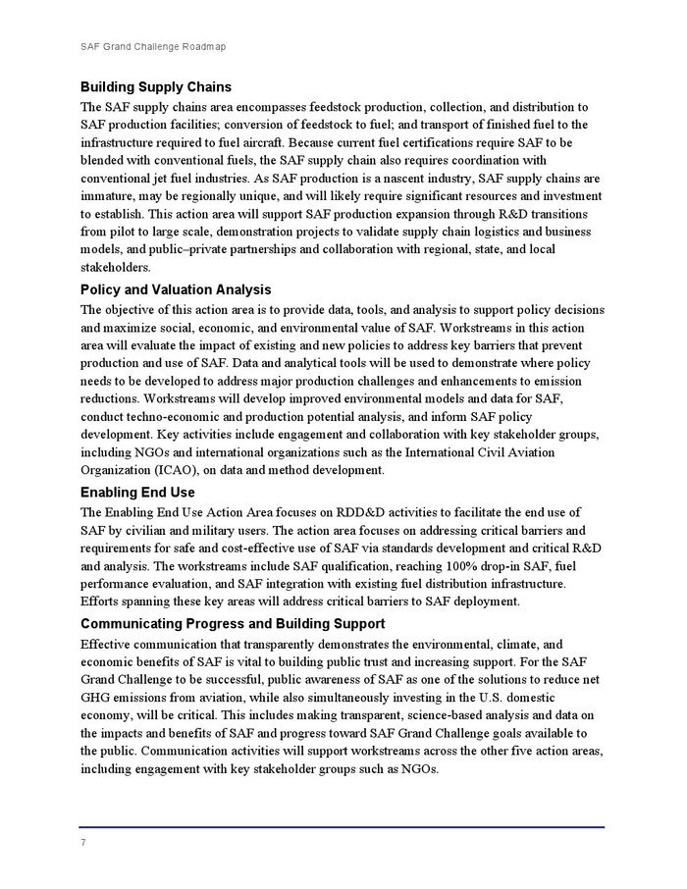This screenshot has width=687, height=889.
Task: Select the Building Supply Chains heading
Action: [x=156, y=87]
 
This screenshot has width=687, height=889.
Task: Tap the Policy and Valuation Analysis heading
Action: [x=176, y=289]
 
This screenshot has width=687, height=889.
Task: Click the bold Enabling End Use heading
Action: [x=137, y=493]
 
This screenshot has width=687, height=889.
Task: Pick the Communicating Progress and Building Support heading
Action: [x=233, y=624]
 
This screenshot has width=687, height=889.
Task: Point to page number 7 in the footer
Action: [x=83, y=843]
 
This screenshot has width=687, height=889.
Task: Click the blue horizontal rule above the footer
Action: [x=343, y=827]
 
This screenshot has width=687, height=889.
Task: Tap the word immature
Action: [x=110, y=195]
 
